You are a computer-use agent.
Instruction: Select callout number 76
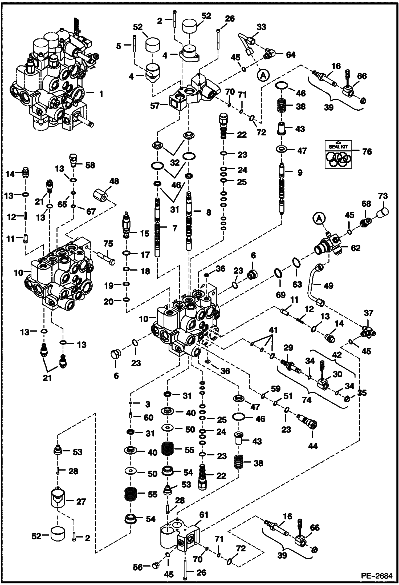click(367, 151)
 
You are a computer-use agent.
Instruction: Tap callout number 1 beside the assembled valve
click(101, 94)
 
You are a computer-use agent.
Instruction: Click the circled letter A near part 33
click(263, 76)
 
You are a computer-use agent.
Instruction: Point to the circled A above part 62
click(320, 219)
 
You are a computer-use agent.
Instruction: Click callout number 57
click(155, 106)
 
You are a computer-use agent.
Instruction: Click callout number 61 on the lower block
click(203, 515)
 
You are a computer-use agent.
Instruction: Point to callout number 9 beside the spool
click(300, 173)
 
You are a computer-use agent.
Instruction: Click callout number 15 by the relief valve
click(145, 233)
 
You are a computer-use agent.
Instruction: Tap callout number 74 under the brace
click(307, 407)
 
